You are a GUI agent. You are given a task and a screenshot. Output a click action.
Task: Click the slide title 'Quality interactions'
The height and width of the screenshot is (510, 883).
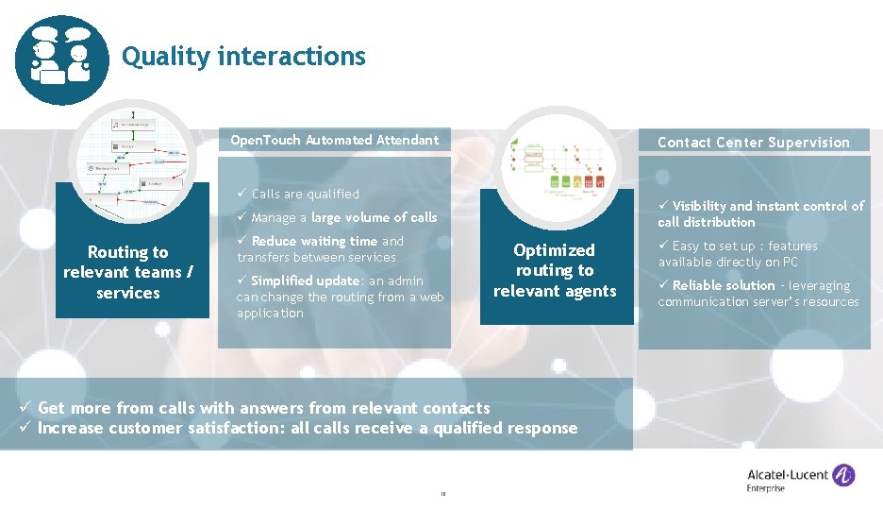coord(243,57)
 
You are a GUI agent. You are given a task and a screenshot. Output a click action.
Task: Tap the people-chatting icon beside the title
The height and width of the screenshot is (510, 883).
coord(62,58)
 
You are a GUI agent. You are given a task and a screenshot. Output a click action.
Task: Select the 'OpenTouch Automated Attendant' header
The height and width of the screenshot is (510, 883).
coord(335,140)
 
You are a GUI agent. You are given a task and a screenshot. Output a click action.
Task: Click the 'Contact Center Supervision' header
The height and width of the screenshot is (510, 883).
coord(753,143)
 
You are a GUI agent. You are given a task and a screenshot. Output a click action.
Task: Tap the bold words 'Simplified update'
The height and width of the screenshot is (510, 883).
coord(305,281)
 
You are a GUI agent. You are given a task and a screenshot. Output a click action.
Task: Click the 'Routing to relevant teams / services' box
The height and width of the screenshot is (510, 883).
coord(127,272)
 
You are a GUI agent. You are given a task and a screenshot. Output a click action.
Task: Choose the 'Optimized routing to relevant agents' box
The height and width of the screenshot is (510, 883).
coord(554,270)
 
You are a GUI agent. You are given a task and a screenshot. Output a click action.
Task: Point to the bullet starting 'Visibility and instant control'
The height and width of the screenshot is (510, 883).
coord(760,213)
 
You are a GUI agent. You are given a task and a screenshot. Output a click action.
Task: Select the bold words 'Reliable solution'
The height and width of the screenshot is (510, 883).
coord(724,285)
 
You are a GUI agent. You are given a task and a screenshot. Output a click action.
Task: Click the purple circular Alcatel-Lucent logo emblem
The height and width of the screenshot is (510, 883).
coord(843,474)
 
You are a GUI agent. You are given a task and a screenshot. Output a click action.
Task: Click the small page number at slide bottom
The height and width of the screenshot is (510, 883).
coord(441,492)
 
